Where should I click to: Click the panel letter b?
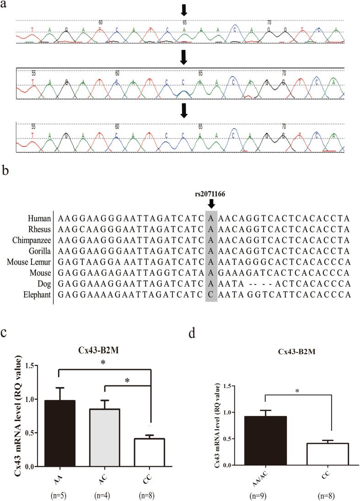point(5,171)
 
